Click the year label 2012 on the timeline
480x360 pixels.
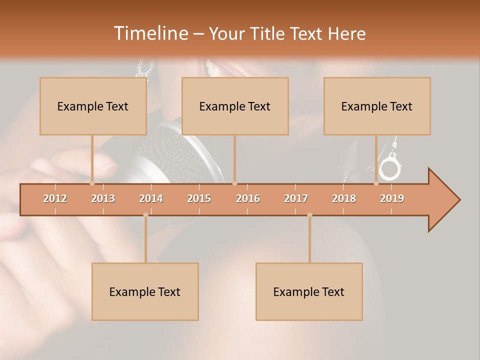(55, 198)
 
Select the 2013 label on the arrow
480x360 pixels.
(103, 198)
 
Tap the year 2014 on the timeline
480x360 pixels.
(151, 198)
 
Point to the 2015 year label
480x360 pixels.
(199, 198)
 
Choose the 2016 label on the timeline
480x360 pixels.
(248, 198)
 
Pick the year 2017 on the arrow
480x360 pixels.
(296, 198)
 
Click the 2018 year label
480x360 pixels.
(344, 198)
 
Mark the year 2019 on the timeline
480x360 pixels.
(392, 198)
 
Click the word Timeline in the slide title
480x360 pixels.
(150, 33)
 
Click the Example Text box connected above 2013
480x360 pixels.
(93, 106)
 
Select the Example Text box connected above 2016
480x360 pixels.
(235, 106)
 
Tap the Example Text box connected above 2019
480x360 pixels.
(377, 106)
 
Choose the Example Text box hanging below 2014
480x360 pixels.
(145, 291)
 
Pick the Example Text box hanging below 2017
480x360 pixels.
(309, 291)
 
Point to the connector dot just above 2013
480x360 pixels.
(92, 183)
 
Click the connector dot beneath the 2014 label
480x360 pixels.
(145, 215)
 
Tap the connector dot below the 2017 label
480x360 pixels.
(309, 215)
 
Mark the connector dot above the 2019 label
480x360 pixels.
(376, 183)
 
